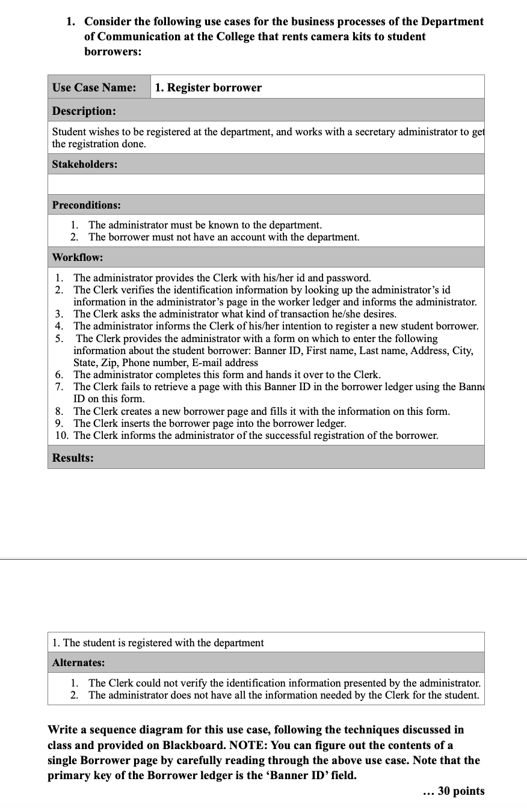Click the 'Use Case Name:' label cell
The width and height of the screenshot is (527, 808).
[94, 87]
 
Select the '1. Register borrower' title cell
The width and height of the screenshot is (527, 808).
[208, 87]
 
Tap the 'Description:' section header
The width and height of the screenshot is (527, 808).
[84, 111]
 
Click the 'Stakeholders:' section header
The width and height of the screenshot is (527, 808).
[85, 164]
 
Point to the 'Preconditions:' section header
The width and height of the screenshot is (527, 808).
[87, 205]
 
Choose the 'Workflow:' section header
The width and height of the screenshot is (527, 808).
[78, 257]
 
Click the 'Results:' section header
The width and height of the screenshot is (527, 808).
[73, 458]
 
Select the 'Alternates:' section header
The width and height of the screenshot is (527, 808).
[78, 663]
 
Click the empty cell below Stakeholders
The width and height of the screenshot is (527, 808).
[266, 184]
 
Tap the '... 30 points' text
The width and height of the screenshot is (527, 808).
[454, 791]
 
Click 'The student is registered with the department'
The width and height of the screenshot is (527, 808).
[163, 643]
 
